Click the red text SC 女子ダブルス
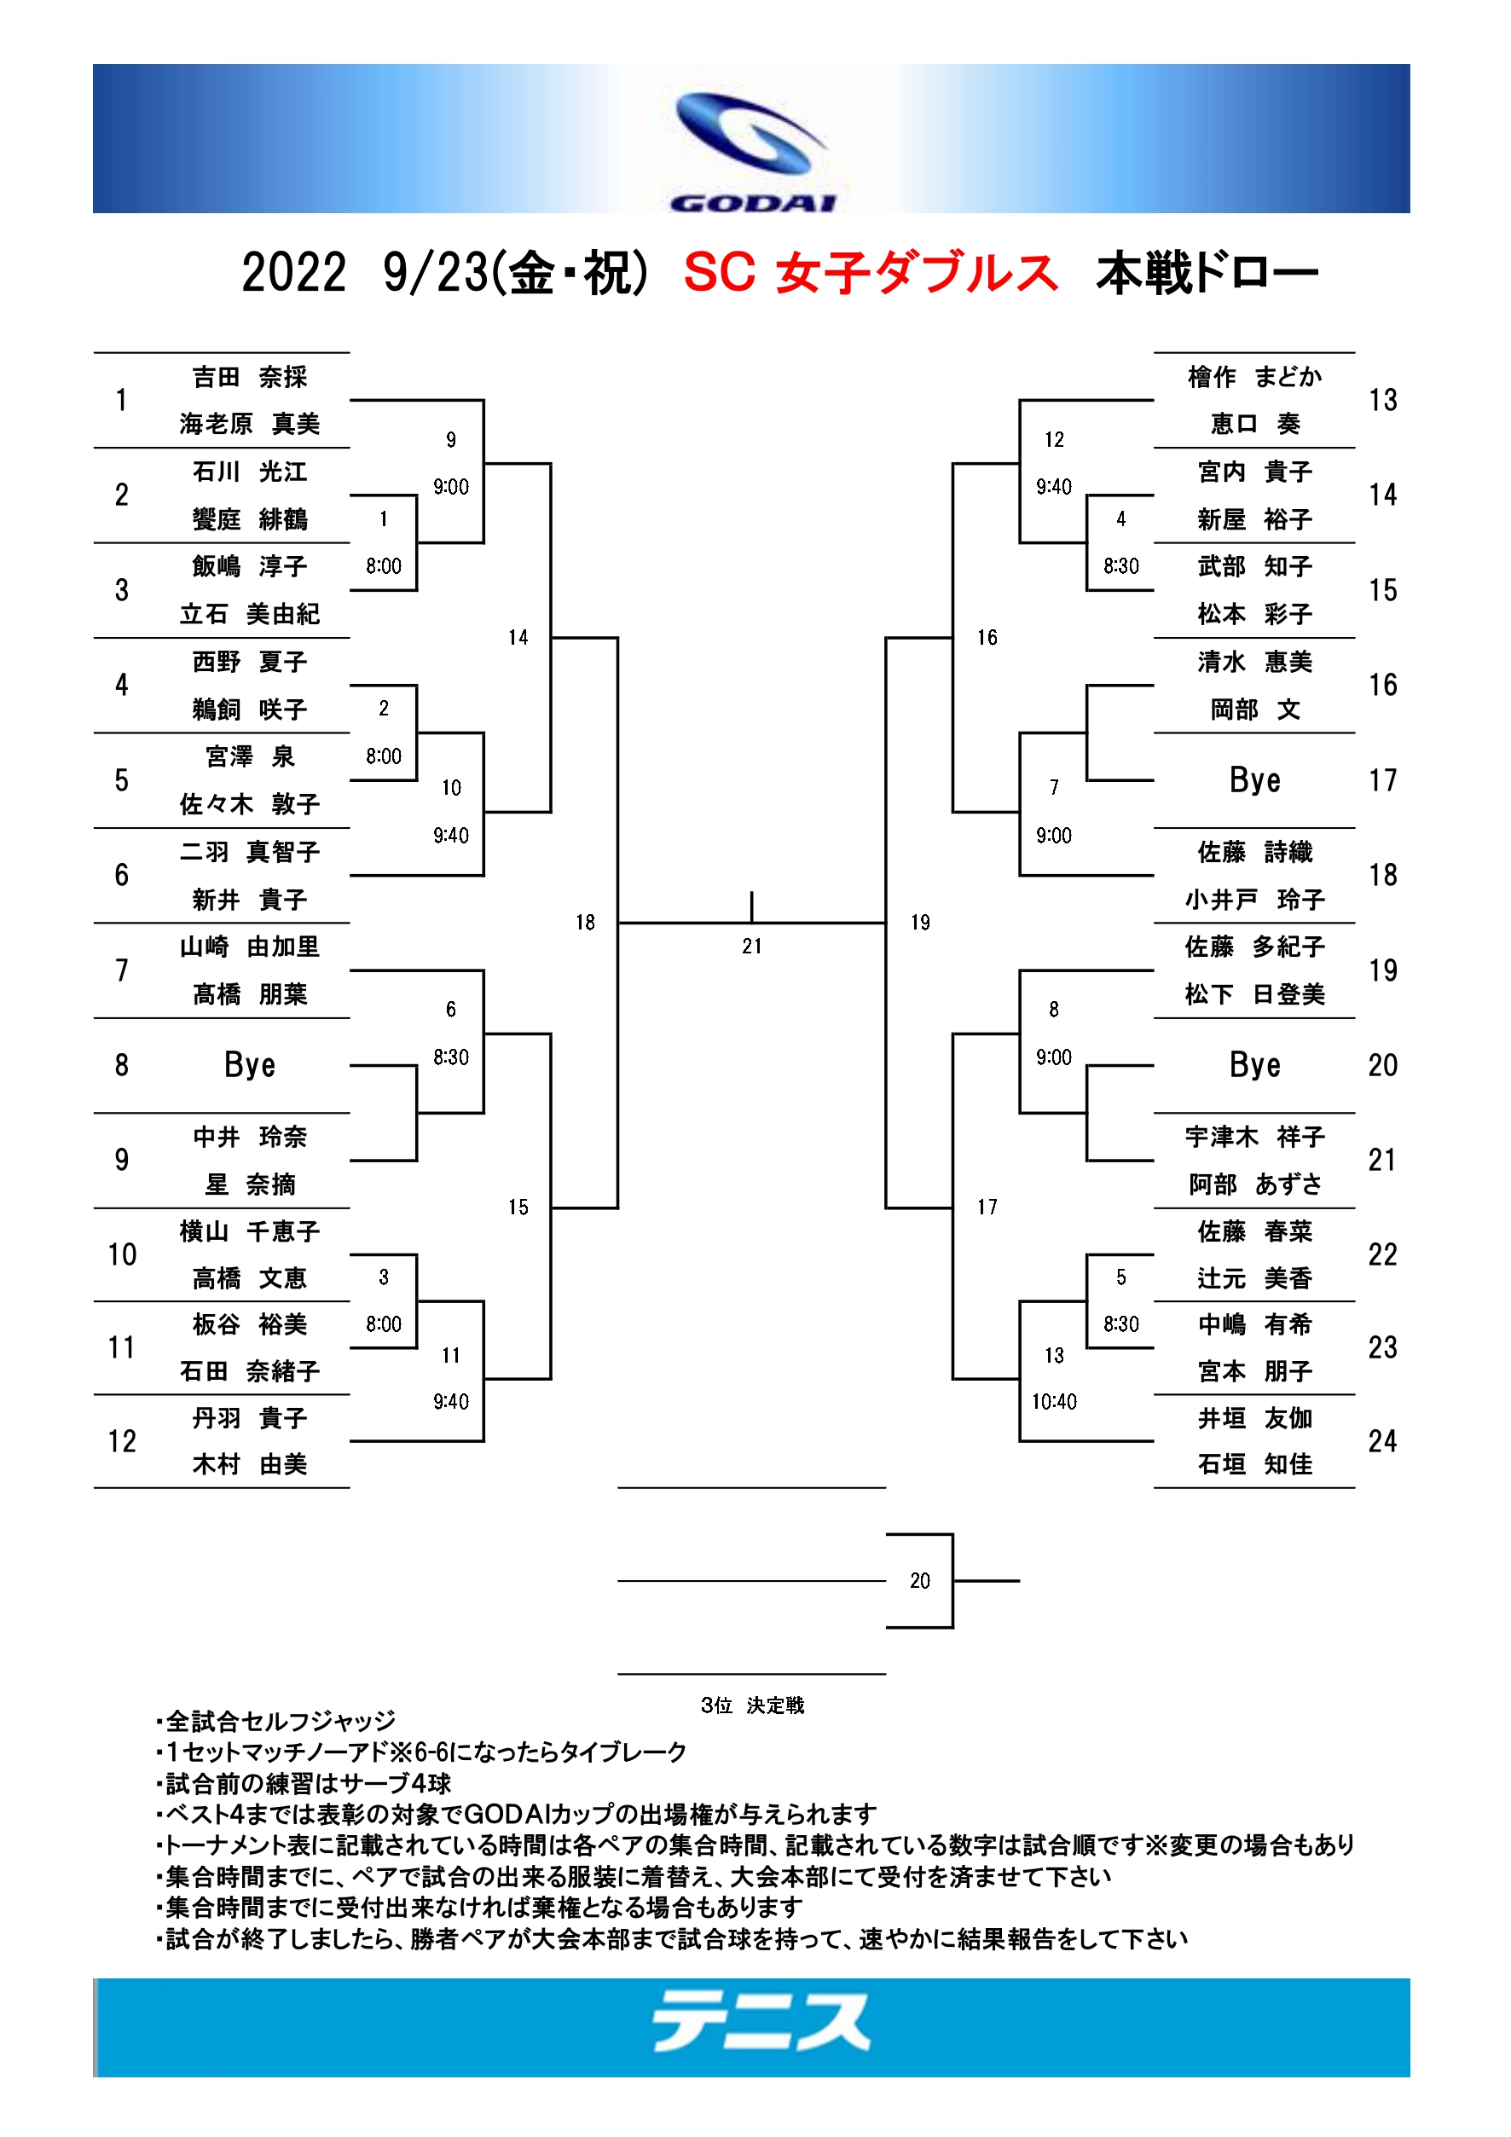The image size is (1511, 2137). [871, 274]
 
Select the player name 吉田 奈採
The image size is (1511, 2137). [249, 377]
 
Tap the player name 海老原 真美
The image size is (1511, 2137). [249, 425]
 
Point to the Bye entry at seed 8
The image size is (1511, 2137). [249, 1065]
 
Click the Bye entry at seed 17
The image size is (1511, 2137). [1254, 780]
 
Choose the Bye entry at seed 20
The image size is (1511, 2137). [1254, 1065]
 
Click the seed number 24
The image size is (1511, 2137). [1382, 1441]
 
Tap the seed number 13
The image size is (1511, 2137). [1382, 400]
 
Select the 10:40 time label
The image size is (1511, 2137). [1053, 1402]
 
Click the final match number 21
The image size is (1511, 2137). [752, 947]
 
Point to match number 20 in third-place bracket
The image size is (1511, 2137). [919, 1580]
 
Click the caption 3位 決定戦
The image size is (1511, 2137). [752, 1706]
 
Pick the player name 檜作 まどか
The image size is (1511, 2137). [1254, 377]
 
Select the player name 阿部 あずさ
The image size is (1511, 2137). [1254, 1184]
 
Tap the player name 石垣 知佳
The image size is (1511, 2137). [1254, 1464]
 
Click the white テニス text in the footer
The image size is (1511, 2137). [761, 2021]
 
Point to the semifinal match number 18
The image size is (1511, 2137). [584, 923]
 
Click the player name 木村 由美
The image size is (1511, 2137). [249, 1464]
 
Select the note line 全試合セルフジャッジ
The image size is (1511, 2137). [276, 1721]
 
